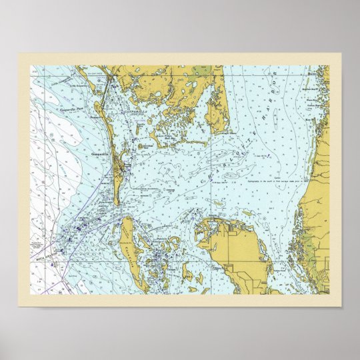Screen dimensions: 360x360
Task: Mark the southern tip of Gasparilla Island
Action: tap(117, 203)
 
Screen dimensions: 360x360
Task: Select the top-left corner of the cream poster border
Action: tap(19, 53)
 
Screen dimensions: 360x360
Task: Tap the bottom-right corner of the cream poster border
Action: tap(341, 306)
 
